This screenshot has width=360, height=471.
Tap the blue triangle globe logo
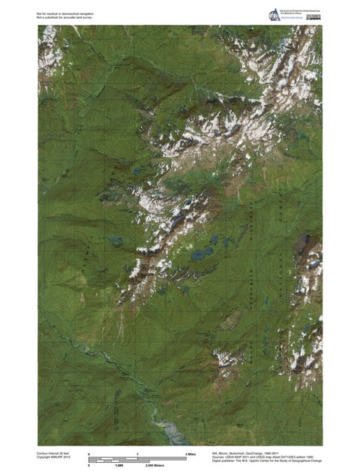[271, 15]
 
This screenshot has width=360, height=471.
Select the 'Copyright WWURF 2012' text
[52, 457]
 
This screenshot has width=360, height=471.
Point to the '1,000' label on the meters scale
[118, 465]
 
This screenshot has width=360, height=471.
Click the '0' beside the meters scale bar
[89, 465]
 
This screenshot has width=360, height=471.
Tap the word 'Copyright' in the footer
[44, 457]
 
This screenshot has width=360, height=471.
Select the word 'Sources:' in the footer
[218, 457]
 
